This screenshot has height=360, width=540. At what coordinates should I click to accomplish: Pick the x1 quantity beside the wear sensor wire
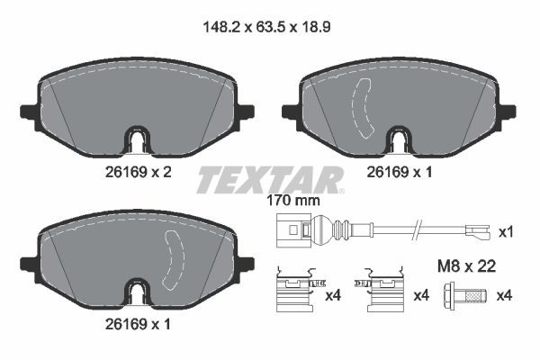pos(506,232)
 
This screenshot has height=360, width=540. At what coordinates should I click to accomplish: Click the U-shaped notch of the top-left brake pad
pos(135,140)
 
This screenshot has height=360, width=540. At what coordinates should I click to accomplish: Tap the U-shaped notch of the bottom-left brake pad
pos(135,292)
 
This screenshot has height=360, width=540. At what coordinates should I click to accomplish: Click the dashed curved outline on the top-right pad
pos(365,107)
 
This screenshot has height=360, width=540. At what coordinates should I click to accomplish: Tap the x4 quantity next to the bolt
pos(506,294)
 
